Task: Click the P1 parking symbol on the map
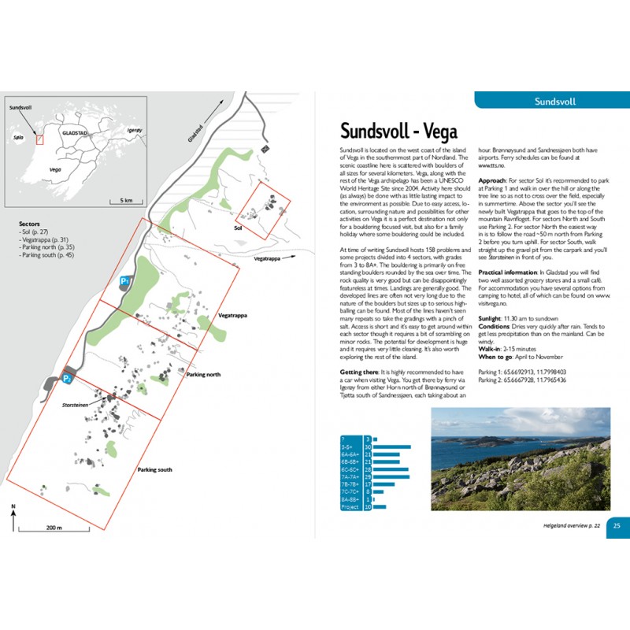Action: (x=124, y=281)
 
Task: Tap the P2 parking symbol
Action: (x=69, y=379)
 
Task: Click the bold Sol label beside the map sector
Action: (x=238, y=228)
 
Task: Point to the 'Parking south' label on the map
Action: (x=154, y=469)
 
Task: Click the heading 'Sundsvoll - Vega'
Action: (x=398, y=130)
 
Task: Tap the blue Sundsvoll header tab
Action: (x=554, y=102)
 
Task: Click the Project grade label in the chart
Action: (x=350, y=507)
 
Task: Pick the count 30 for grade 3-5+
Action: (x=367, y=447)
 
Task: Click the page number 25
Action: (x=617, y=526)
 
